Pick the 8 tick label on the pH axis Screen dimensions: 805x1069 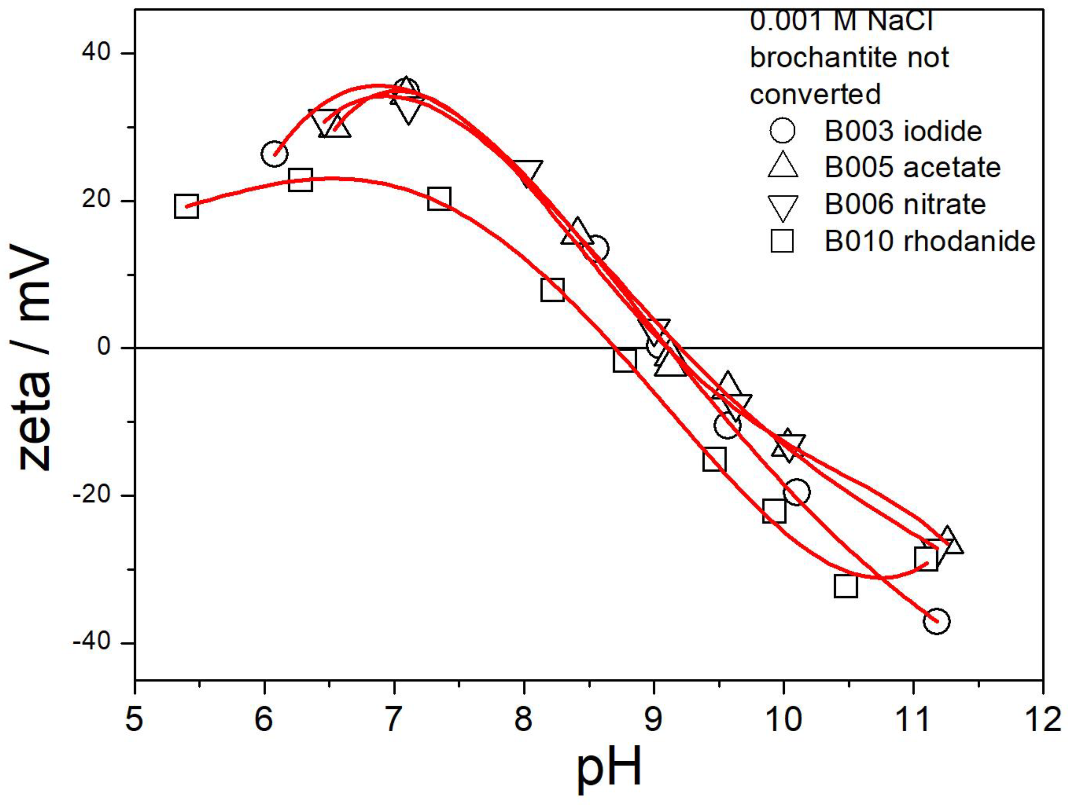pos(523,718)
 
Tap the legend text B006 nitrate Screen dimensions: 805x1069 pos(905,204)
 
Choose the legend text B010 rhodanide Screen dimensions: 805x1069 pos(930,240)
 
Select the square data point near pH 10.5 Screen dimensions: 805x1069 pos(845,586)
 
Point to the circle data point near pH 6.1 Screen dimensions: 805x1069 pos(274,154)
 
